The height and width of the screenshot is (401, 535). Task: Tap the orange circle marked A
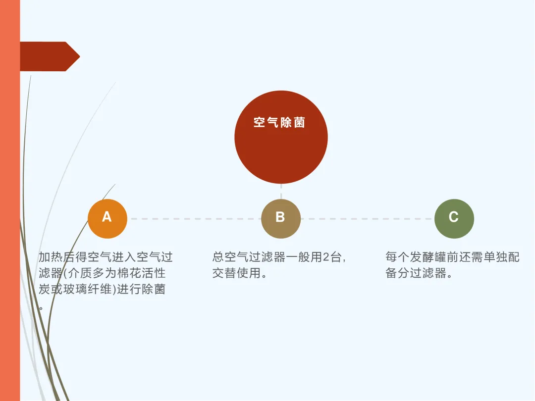pyautogui.click(x=107, y=218)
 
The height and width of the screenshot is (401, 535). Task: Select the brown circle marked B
pyautogui.click(x=281, y=218)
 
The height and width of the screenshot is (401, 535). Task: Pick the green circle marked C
pyautogui.click(x=454, y=218)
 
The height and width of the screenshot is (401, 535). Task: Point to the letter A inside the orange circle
pyautogui.click(x=107, y=217)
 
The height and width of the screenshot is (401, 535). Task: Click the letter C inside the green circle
pyautogui.click(x=453, y=217)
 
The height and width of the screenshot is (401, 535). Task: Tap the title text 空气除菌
pyautogui.click(x=279, y=123)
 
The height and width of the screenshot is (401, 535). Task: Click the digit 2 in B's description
pyautogui.click(x=326, y=257)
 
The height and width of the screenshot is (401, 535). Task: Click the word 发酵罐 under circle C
pyautogui.click(x=436, y=257)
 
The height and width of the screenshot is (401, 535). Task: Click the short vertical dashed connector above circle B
pyautogui.click(x=281, y=191)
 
